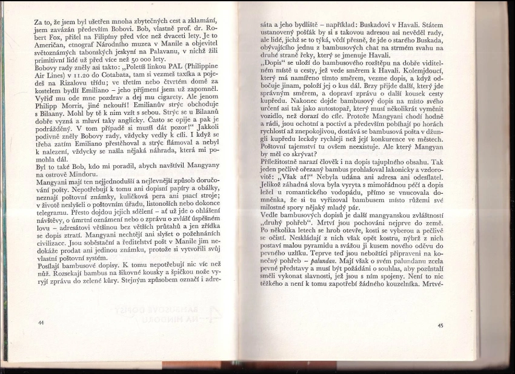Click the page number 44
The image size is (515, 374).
(41, 323)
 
